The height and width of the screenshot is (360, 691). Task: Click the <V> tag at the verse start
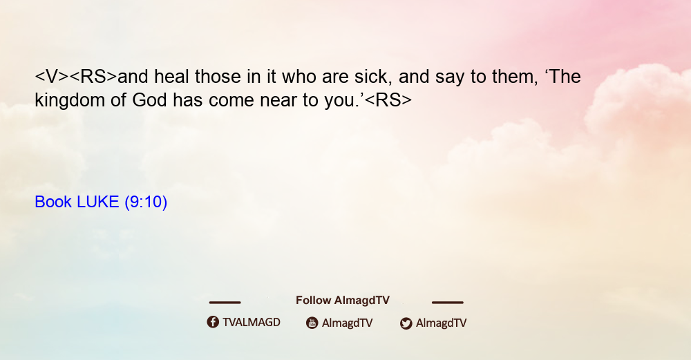pyautogui.click(x=52, y=77)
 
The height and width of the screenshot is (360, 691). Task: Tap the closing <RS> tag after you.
pyautogui.click(x=388, y=100)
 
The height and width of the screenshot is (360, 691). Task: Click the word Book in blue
pyautogui.click(x=53, y=202)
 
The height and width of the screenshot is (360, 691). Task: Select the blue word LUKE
pyautogui.click(x=98, y=202)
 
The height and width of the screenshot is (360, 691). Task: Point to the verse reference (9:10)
pyautogui.click(x=146, y=202)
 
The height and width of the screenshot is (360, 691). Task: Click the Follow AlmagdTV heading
pyautogui.click(x=343, y=301)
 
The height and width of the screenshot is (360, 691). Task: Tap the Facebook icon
pyautogui.click(x=213, y=322)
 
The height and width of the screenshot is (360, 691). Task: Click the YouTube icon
pyautogui.click(x=312, y=323)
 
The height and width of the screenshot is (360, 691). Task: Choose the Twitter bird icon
pyautogui.click(x=406, y=323)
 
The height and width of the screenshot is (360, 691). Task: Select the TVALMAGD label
pyautogui.click(x=252, y=322)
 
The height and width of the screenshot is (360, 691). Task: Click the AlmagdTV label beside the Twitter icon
pyautogui.click(x=441, y=323)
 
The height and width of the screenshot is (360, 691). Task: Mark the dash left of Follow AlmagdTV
pyautogui.click(x=225, y=302)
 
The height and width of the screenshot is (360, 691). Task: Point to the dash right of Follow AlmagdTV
pyautogui.click(x=447, y=302)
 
